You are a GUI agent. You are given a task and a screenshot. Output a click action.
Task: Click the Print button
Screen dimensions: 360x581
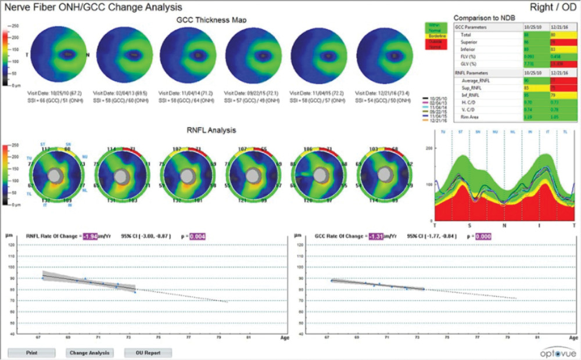point(32,352)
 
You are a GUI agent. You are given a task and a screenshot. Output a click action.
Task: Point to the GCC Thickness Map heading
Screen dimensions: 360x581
point(211,20)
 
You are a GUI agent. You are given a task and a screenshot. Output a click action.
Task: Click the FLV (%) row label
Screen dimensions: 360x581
point(468,56)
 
